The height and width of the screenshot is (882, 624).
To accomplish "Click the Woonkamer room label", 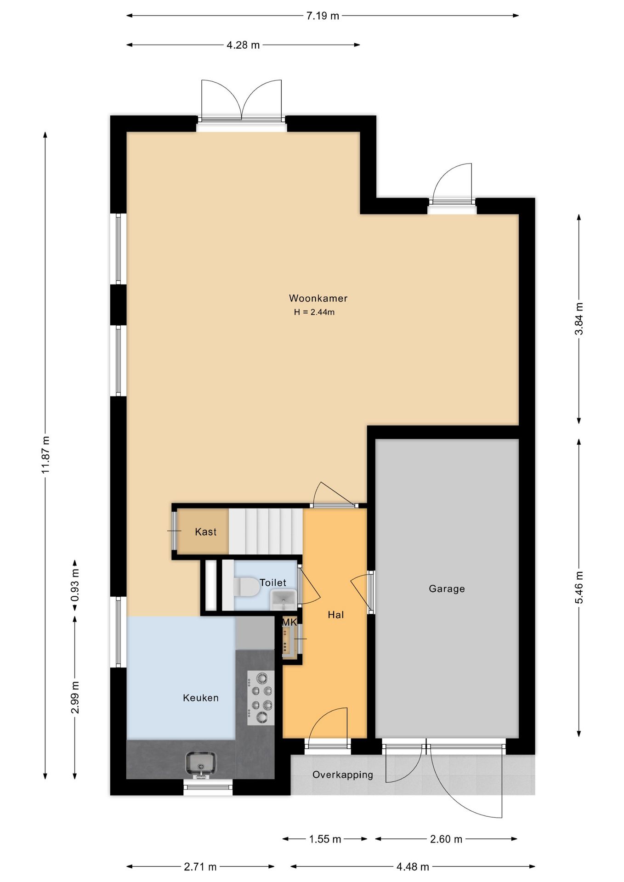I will coord(318,298).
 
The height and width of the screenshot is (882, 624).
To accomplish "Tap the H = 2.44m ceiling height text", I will coord(314,312).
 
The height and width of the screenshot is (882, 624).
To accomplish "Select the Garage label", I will coord(447,588).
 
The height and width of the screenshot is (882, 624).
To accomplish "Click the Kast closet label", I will coord(205,532).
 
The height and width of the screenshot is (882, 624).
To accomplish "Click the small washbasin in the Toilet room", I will coord(283,599).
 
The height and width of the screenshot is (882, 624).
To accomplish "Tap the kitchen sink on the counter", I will coord(201,763).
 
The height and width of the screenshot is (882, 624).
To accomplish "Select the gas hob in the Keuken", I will coord(261,698).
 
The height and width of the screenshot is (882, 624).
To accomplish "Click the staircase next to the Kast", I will coord(266,531).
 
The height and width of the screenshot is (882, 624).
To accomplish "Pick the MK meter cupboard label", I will coord(289,622).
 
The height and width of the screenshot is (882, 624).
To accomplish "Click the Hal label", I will coord(336,615).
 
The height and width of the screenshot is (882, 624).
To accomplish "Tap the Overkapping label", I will coord(342,775).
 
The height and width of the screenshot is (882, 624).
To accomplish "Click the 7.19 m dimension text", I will coord(323,16).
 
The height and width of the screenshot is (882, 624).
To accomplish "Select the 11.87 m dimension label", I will coord(45,455).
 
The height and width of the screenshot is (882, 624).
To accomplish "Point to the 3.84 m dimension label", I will coord(579,319).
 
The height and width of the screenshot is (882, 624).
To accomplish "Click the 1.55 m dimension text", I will coord(325,839).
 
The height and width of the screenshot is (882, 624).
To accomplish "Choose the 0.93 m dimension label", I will coord(75,585).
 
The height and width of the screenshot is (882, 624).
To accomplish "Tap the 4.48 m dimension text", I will coord(413,867).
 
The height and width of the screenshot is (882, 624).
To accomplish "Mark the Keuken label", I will coord(201,698).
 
